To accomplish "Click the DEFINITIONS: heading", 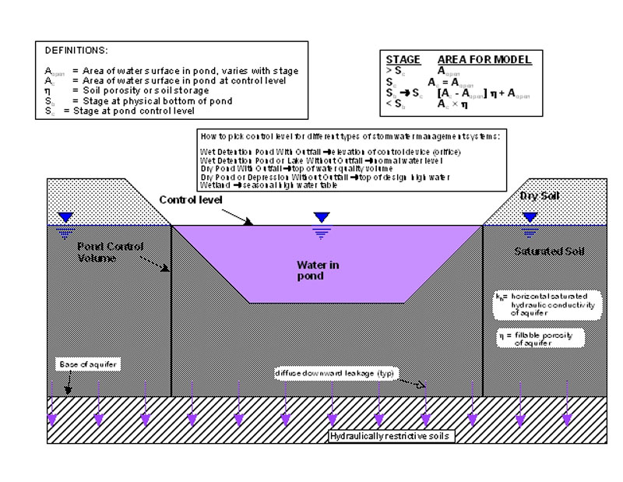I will tap(71, 49).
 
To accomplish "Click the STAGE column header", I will tap(403, 59).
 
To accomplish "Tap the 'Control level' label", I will tap(190, 200).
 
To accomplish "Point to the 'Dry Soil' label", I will tap(537, 195).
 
